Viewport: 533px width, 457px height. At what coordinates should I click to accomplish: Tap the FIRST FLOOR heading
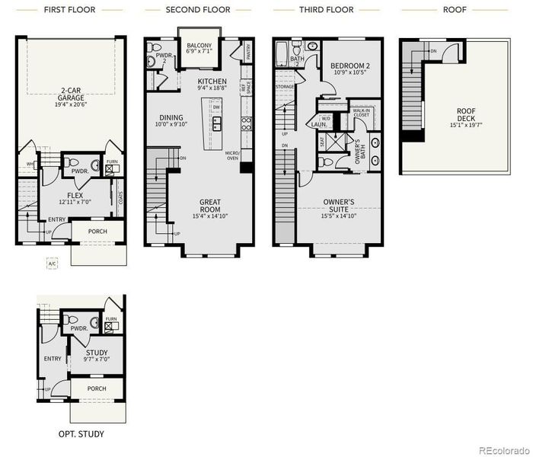72,10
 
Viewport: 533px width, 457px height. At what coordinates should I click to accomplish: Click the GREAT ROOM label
210,206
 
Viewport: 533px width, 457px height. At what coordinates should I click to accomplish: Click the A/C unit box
53,264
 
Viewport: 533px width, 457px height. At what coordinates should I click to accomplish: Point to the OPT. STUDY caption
81,434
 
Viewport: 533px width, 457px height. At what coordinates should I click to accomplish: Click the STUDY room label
97,354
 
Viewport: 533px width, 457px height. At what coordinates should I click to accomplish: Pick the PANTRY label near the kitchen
248,51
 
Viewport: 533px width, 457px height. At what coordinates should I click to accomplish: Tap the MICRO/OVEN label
232,157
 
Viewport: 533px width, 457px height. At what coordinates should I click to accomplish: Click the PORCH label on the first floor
97,232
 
